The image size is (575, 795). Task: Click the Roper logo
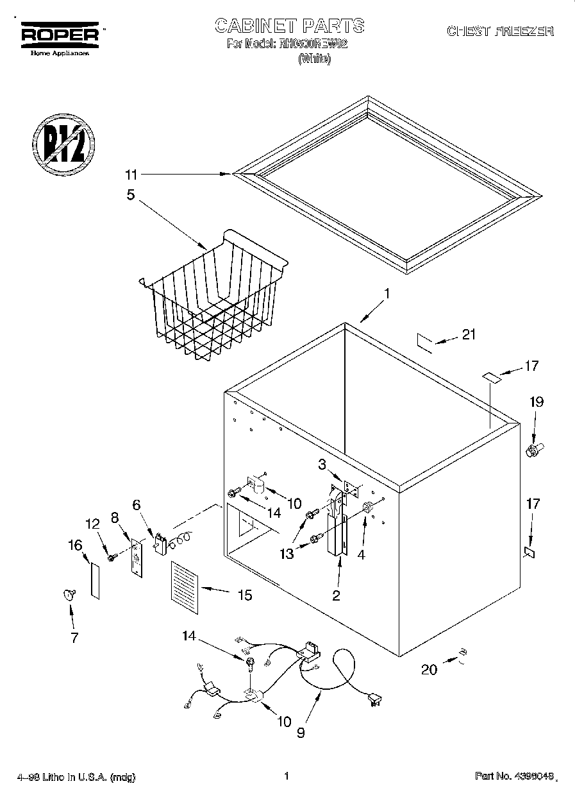[61, 35]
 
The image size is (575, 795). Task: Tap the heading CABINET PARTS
[289, 26]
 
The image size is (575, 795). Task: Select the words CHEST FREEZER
[499, 31]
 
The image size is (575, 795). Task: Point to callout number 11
[131, 174]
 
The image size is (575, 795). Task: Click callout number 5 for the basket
[131, 194]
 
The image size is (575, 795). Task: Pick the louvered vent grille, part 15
[185, 583]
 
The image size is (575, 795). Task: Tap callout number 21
[469, 334]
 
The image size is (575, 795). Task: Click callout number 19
[536, 402]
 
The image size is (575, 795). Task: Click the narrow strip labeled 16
[95, 581]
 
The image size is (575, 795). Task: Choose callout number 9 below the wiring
[301, 731]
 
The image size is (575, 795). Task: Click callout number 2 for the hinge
[336, 595]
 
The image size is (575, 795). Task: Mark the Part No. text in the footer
[513, 776]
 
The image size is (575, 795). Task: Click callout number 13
[287, 553]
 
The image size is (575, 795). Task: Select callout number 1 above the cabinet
[387, 294]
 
